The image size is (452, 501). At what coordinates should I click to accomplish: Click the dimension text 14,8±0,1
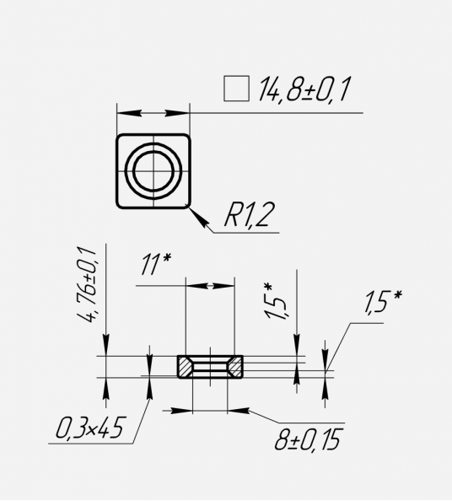tap(304, 89)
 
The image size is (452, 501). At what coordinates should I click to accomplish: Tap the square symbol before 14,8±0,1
tap(236, 89)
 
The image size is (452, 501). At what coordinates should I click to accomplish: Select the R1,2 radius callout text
tap(250, 215)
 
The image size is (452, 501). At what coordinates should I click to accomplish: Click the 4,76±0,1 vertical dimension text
tap(87, 284)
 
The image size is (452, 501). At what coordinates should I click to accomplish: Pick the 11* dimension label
tap(156, 264)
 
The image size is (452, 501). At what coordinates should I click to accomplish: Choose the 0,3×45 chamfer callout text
tap(89, 428)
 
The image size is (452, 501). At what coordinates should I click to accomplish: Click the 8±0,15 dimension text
tap(307, 439)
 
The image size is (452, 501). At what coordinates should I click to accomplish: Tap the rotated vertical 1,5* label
tap(274, 301)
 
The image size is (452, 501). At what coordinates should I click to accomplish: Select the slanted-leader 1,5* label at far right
tap(382, 301)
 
